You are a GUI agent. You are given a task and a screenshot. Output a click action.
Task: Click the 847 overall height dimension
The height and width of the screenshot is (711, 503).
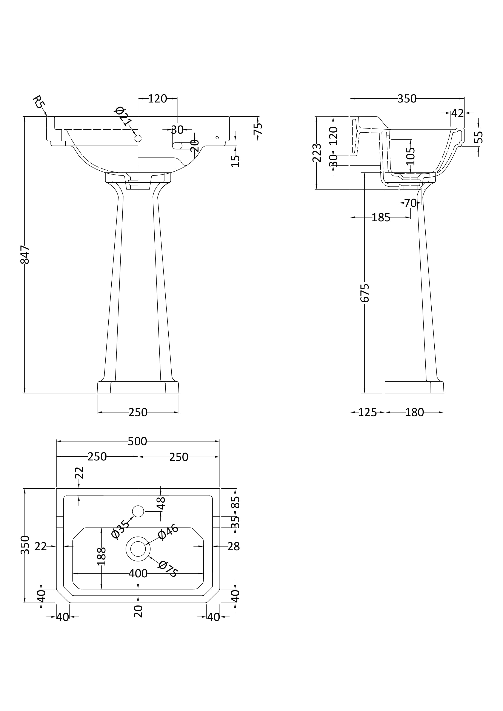25,255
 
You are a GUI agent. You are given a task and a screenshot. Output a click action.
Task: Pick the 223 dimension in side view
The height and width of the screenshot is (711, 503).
317,153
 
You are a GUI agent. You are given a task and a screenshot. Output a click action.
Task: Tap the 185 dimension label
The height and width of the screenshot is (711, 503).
381,218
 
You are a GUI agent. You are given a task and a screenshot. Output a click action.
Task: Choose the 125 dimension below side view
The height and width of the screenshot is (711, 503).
367,413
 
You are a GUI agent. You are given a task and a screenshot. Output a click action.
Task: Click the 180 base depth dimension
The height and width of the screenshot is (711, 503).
414,413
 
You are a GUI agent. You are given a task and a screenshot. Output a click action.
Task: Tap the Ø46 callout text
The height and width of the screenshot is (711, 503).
168,532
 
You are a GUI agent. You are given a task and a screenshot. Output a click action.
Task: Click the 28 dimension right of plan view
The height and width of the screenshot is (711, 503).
233,547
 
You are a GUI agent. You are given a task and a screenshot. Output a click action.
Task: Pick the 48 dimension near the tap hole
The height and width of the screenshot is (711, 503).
161,503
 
